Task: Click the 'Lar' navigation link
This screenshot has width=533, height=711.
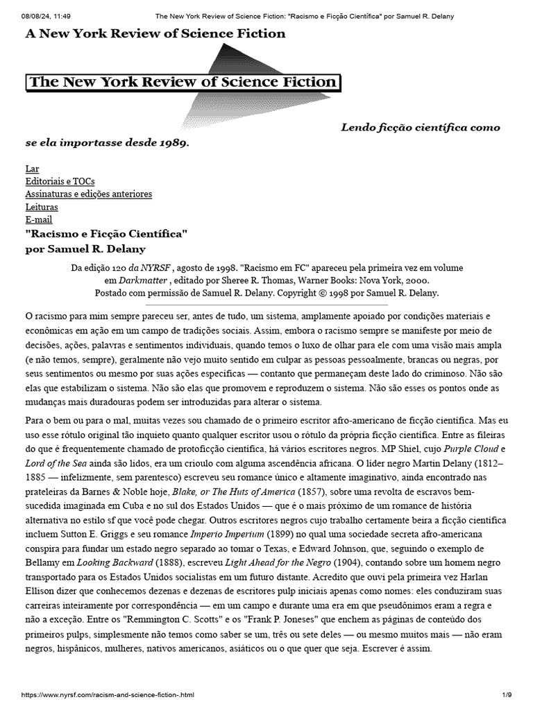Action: point(32,169)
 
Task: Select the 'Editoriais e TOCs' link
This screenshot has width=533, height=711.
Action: point(60,181)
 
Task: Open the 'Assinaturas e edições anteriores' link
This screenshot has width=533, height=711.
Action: point(88,194)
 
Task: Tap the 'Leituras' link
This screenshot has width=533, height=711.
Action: point(42,207)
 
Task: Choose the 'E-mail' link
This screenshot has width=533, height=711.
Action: point(39,219)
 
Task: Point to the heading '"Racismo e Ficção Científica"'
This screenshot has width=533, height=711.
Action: point(106,234)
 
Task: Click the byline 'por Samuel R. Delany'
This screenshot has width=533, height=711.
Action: point(85,249)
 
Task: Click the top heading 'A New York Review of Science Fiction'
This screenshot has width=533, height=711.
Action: point(155,34)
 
